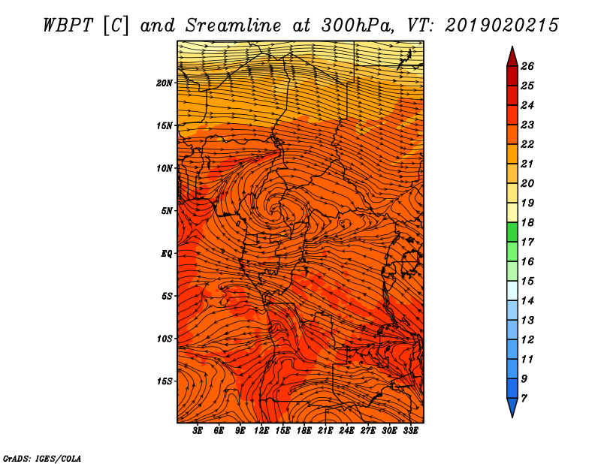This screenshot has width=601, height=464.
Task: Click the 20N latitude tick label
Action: point(165,83)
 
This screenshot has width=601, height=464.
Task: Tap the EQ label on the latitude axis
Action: point(167,253)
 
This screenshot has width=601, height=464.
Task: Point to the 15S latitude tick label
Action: point(165,381)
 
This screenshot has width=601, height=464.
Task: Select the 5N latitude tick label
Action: point(167,210)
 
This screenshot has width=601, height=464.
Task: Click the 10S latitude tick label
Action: point(165,338)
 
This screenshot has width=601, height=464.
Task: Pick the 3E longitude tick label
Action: point(198,431)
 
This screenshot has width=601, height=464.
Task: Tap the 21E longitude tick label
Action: point(325,431)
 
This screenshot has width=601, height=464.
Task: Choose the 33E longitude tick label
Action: point(410,431)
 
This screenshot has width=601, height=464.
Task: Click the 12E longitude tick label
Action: point(261,431)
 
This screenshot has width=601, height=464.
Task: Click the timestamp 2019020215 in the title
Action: point(502,25)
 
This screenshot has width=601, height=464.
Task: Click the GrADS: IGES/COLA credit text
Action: point(42,456)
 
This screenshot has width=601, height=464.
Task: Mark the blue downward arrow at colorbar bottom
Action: point(512,407)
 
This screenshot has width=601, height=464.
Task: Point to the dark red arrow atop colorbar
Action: point(512,56)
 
